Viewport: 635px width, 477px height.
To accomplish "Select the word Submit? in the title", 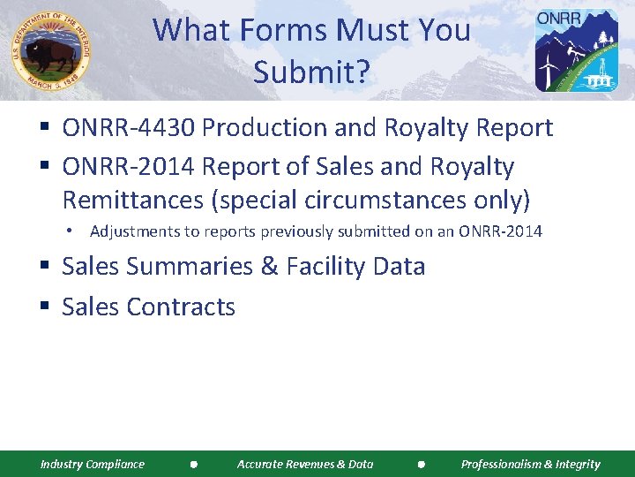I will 311,72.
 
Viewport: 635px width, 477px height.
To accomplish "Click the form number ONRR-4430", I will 129,128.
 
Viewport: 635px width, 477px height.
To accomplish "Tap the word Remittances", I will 132,200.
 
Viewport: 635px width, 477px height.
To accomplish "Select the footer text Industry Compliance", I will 93,464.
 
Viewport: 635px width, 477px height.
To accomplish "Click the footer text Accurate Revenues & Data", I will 305,464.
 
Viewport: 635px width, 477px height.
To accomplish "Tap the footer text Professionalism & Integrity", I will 530,464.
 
